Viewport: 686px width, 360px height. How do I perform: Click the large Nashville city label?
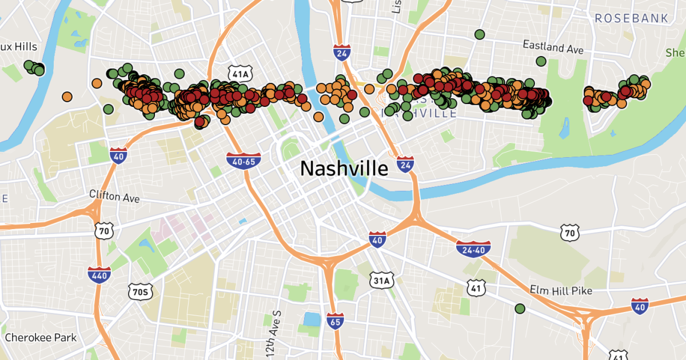click(x=344, y=168)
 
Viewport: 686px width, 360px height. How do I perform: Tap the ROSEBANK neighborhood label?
click(x=631, y=19)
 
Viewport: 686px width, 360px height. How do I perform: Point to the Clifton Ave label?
click(x=114, y=196)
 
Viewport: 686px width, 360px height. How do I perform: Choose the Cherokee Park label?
click(x=41, y=337)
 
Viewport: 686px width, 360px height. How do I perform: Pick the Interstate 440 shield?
click(x=99, y=275)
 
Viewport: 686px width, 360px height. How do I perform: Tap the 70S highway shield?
click(x=139, y=292)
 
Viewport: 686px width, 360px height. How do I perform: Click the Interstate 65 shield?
click(x=336, y=322)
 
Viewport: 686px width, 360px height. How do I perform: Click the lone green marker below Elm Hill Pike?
click(x=520, y=309)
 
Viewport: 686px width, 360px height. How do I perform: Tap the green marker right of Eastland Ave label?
click(x=541, y=61)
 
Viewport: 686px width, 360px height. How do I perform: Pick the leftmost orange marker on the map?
click(x=68, y=96)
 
